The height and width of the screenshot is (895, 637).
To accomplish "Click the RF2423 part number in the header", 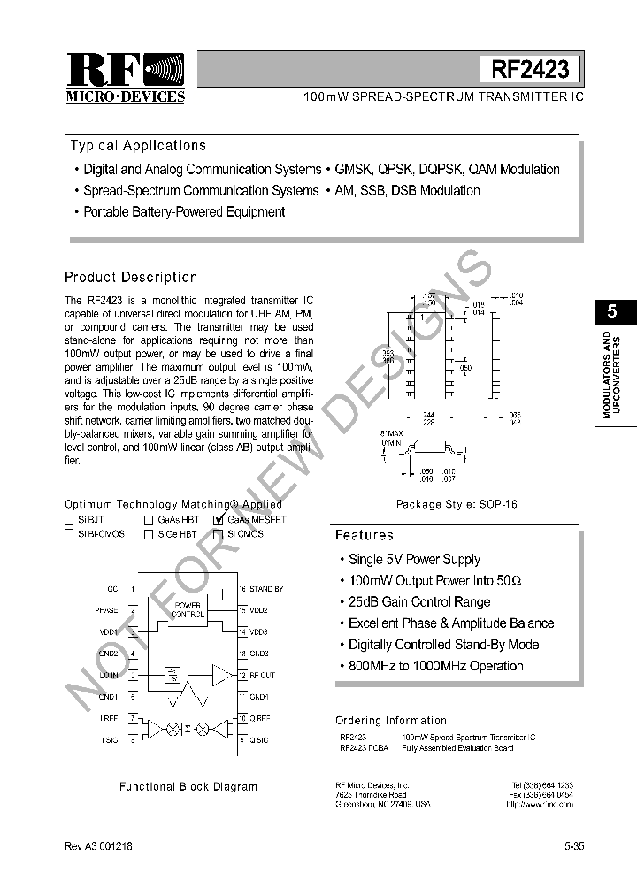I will tap(530, 69).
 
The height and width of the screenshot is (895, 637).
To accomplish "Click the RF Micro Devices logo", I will tap(126, 79).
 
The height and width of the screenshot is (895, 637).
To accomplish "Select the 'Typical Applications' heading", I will tap(138, 146).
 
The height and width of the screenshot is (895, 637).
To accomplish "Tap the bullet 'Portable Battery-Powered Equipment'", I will tap(183, 212).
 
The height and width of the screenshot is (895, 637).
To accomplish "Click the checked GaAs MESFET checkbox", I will tap(219, 520).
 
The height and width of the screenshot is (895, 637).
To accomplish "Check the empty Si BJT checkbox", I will tap(69, 520).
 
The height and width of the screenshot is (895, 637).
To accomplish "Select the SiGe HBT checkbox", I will tap(149, 534).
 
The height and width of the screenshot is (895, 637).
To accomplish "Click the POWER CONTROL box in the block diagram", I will tap(187, 610).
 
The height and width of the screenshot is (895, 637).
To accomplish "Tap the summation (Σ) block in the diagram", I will tap(187, 730).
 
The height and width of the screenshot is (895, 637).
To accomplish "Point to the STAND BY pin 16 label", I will tap(265, 589).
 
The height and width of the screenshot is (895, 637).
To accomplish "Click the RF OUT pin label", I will tap(262, 676).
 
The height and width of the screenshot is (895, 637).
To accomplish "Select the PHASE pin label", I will tap(106, 610).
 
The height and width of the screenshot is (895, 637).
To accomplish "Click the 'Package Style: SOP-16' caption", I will tap(457, 504).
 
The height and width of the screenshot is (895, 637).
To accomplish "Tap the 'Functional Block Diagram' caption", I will tap(188, 786).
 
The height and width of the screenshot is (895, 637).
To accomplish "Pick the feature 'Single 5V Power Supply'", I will tap(414, 560).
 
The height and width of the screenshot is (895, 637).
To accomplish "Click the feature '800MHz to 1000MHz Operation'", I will tap(435, 666).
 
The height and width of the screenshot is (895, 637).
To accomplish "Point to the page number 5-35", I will tap(573, 846).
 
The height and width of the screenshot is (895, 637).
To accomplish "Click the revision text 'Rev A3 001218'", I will tap(99, 846).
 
